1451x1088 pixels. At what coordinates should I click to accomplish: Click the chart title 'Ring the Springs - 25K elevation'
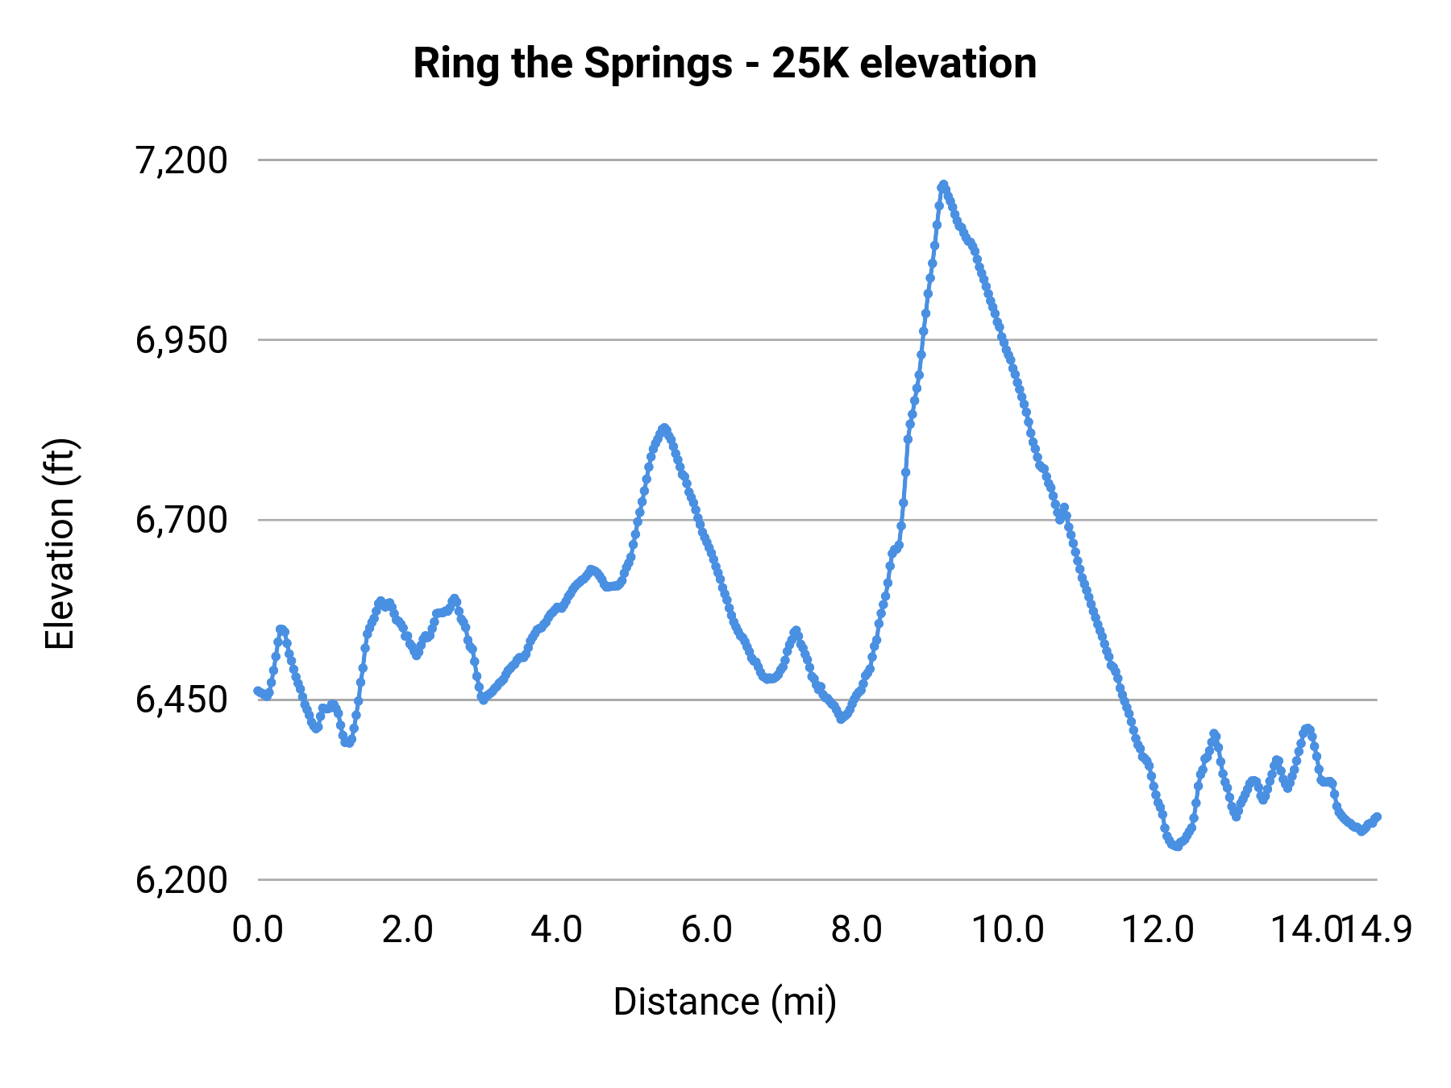tap(725, 63)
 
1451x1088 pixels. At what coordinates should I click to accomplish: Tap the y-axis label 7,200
tap(181, 160)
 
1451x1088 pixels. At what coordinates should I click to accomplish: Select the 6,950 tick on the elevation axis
tap(181, 340)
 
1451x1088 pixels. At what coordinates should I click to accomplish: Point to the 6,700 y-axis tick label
tap(181, 520)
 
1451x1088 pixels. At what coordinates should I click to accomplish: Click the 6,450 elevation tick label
tap(181, 700)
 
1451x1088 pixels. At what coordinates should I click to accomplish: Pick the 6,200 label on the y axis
tap(181, 879)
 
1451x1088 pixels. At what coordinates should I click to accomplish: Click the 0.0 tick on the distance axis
tap(258, 929)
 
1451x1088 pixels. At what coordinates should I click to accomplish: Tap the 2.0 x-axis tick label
tap(408, 929)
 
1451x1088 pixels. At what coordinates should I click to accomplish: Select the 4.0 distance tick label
tap(557, 929)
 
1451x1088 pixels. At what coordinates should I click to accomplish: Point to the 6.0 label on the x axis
tap(707, 929)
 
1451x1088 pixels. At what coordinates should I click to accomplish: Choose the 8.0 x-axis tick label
tap(857, 929)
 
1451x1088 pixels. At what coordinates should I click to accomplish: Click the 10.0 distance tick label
tap(1007, 929)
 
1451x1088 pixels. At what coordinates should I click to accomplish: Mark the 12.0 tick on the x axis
tap(1158, 929)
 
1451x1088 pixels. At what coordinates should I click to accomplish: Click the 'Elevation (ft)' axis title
tap(60, 544)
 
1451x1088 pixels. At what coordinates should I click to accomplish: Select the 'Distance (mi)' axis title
tap(725, 1002)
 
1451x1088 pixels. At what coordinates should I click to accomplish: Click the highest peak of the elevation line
tap(942, 185)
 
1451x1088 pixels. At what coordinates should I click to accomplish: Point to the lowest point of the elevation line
tap(1177, 846)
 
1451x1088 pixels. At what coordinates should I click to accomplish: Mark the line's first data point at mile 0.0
tap(257, 690)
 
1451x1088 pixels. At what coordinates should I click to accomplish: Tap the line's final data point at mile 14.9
tap(1378, 816)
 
